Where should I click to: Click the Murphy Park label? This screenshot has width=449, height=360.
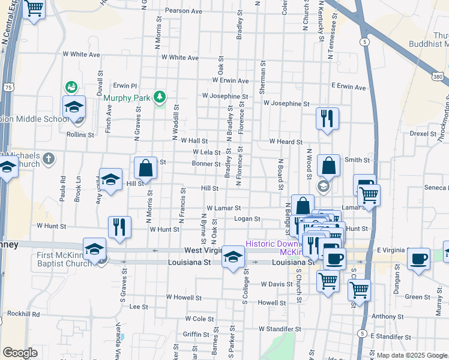coord(126,97)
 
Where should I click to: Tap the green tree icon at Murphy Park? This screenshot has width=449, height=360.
coord(159,96)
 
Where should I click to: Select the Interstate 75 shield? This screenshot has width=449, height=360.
coord(7,88)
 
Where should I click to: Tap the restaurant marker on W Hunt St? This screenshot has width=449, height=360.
coord(119,227)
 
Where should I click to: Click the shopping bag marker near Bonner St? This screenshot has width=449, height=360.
coord(145,168)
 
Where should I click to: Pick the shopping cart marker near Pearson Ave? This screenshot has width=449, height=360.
coord(34,9)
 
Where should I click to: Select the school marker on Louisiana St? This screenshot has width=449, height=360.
coord(233,259)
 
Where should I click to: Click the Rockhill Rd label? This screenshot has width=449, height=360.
coord(23,314)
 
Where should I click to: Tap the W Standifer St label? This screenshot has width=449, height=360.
coord(280,329)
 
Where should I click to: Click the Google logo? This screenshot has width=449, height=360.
coord(20,353)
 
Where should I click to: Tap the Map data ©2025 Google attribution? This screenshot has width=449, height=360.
coord(411,355)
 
